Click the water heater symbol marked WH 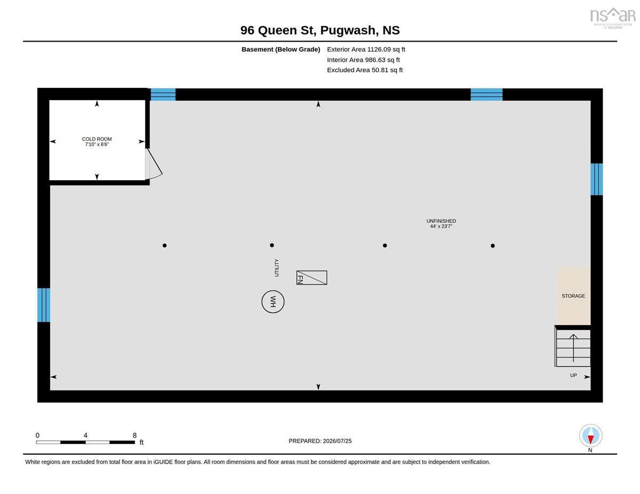273,302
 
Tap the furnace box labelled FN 311,278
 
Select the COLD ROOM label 97,139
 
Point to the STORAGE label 573,296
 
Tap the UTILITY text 277,268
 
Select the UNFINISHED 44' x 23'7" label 441,223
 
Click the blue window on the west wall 44,305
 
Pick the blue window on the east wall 596,179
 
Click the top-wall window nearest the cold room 163,94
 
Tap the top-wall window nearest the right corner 486,94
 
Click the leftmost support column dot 165,245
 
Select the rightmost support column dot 493,246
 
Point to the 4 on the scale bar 85,435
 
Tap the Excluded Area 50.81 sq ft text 365,70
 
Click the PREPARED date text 320,441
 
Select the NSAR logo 613,18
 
